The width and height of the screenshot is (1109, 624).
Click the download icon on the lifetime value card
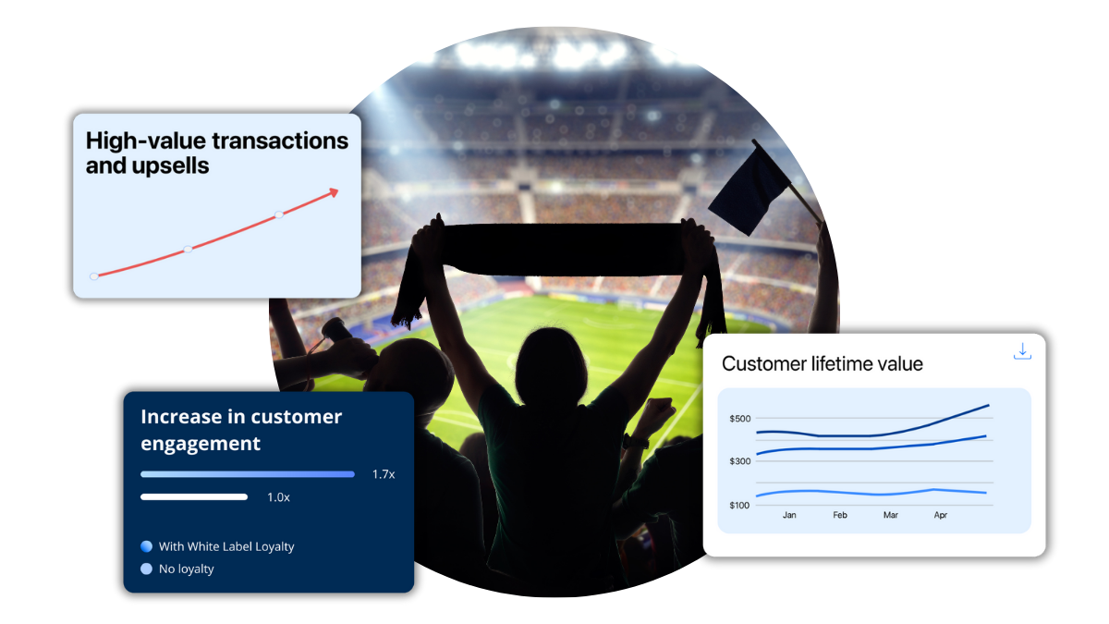point(1021,351)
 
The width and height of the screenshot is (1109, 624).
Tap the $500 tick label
point(740,419)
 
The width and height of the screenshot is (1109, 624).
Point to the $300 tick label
point(740,461)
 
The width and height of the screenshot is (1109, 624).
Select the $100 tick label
point(740,505)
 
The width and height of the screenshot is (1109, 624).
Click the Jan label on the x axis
point(789,515)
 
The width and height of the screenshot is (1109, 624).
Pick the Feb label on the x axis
point(840,515)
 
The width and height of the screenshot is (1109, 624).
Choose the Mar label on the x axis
point(890,515)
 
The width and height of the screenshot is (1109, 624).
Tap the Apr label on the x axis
point(941,515)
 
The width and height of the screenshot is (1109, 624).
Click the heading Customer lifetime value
point(823,364)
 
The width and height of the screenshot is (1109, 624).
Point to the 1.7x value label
point(384,474)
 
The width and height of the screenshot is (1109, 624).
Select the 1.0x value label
point(278,497)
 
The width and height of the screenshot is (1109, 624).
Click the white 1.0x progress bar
point(194,497)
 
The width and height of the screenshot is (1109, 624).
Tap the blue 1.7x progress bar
point(248,474)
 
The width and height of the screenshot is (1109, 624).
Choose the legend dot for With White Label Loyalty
point(146,546)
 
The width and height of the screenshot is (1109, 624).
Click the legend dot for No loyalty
point(146,569)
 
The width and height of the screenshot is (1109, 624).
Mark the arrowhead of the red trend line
point(334,191)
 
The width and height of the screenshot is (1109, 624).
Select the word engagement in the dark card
point(201,444)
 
